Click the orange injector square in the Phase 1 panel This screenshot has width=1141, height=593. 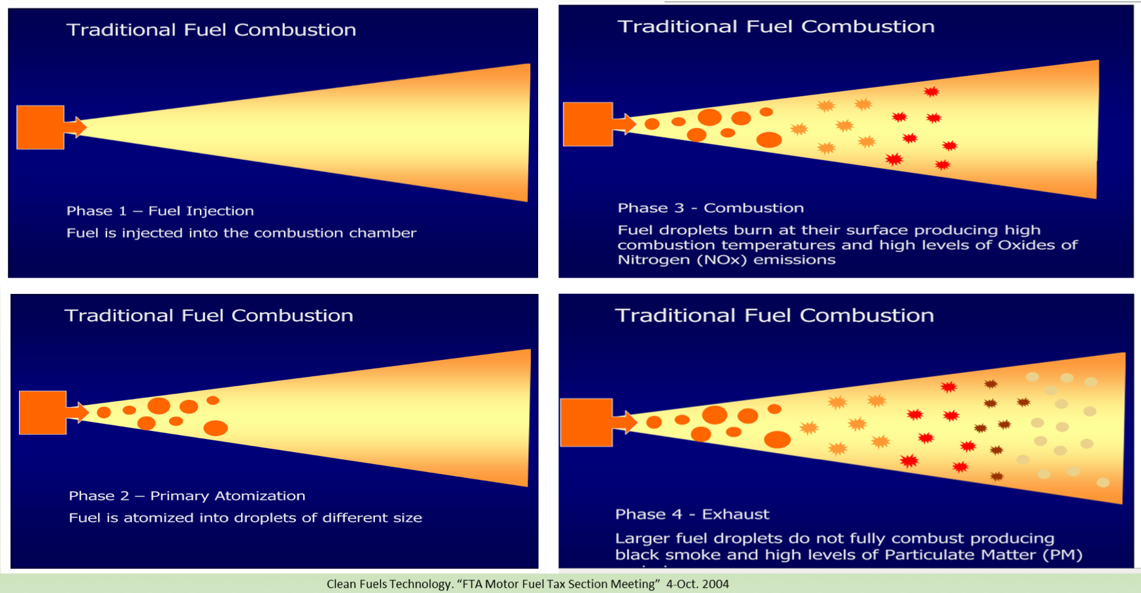40,127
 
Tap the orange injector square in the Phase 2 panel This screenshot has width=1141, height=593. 42,413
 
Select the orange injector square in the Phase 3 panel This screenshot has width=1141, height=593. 588,124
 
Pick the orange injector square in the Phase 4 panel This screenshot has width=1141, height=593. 587,423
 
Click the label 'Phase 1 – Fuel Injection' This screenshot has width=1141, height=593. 160,211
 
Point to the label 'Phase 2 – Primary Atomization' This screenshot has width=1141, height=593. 187,496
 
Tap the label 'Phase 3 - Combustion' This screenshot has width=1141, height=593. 711,208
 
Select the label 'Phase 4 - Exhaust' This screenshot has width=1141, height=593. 692,515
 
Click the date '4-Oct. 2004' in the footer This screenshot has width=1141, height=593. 698,584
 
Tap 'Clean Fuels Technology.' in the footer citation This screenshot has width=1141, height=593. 389,584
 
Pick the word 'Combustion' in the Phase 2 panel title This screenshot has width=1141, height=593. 292,315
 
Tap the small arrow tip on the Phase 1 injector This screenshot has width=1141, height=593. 80,127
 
